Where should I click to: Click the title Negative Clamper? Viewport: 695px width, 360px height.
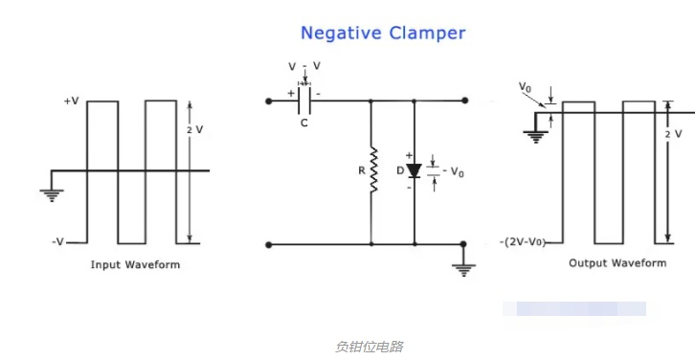383,34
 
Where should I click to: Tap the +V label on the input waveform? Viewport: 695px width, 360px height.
72,101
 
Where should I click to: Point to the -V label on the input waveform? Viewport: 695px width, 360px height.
58,242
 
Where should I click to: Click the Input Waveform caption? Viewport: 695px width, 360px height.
135,264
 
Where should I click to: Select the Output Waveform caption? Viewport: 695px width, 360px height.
617,263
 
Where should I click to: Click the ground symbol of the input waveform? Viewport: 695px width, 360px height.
52,195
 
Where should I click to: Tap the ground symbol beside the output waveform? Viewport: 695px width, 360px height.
536,138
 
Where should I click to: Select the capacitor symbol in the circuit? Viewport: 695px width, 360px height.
304,101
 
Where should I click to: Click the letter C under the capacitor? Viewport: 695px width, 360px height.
304,123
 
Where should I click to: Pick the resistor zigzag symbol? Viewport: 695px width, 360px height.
373,169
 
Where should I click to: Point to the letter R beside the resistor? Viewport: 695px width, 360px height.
362,170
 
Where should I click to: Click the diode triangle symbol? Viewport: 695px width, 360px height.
414,170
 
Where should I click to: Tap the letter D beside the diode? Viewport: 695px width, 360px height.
400,170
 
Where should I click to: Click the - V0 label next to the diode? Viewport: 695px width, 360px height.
453,171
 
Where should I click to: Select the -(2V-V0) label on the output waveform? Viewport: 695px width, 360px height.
523,242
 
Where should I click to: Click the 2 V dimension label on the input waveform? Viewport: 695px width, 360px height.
195,129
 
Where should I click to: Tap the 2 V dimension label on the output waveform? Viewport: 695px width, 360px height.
673,134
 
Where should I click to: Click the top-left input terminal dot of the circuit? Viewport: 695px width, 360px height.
269,101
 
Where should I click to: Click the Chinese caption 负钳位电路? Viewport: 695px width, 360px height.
370,347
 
